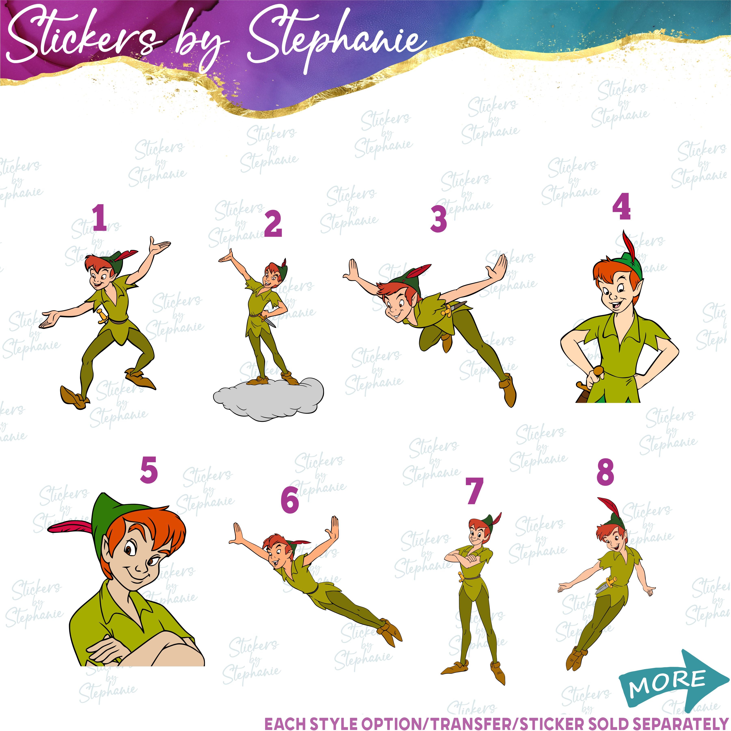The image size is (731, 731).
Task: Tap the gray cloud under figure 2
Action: pos(269,400)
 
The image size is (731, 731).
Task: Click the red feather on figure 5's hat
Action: pos(68,528)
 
